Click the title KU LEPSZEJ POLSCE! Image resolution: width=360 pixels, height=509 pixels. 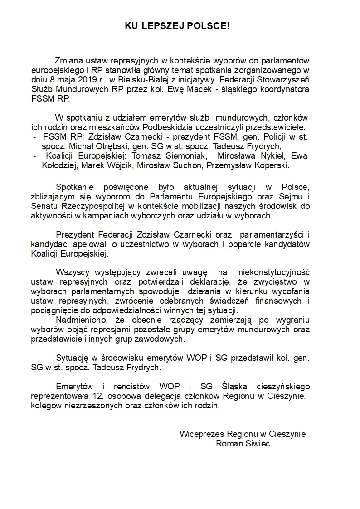click(177, 27)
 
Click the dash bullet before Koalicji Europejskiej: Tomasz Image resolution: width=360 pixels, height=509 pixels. click(36, 156)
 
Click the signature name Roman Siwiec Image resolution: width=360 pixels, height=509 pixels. click(243, 443)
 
